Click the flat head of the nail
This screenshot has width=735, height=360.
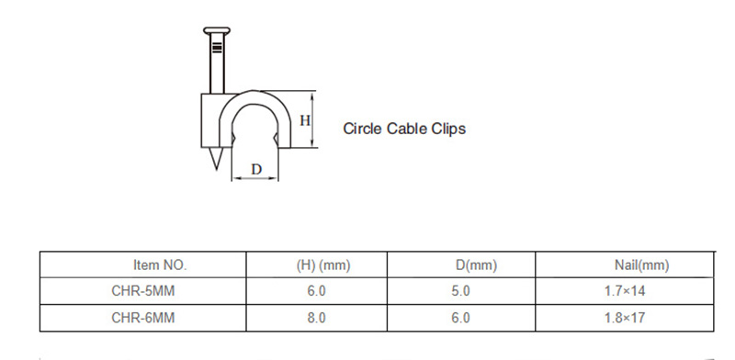click(217, 30)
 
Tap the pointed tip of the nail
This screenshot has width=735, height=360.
click(216, 169)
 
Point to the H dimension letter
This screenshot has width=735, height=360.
click(305, 120)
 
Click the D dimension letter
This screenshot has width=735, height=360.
click(256, 169)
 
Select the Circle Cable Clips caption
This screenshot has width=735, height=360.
click(404, 129)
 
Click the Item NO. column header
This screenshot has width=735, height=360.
click(160, 264)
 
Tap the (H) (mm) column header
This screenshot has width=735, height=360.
click(323, 265)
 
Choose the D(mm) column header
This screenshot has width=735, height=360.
click(476, 265)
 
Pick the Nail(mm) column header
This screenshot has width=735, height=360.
click(641, 265)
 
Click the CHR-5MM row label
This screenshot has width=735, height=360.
click(143, 291)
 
